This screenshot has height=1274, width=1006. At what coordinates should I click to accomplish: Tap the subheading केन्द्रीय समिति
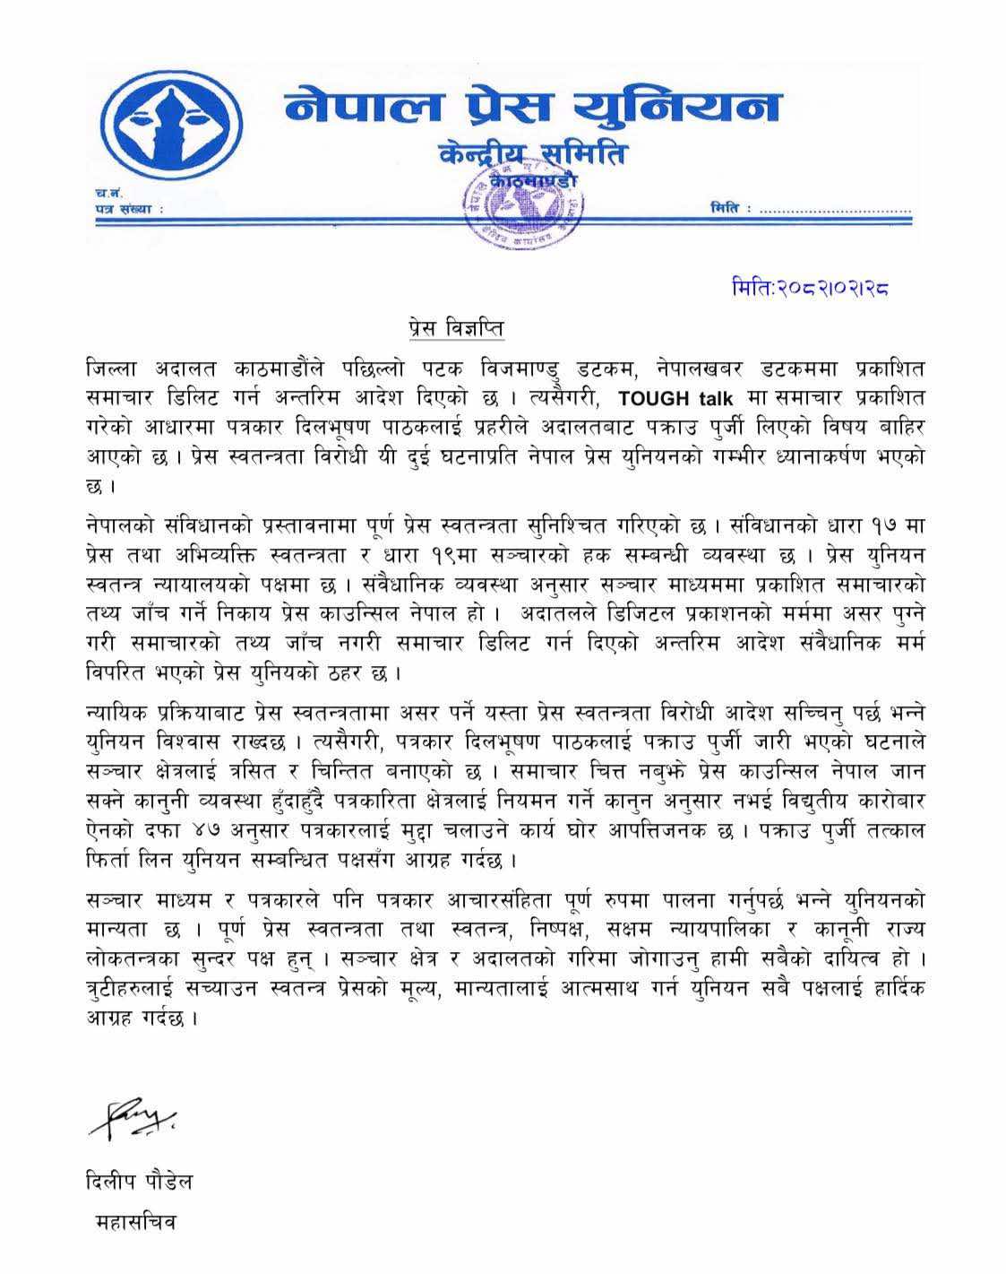533,154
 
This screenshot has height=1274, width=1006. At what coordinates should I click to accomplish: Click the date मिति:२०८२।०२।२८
810,289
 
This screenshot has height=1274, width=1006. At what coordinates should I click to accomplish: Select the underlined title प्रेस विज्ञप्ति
451,329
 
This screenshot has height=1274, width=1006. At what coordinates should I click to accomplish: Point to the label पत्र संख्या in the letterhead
127,209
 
